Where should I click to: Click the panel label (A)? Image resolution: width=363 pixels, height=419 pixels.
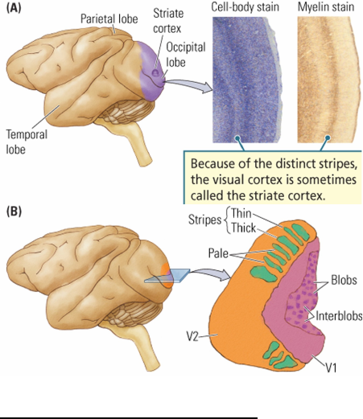[14, 10]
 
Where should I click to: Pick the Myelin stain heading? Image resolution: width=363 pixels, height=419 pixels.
[325, 7]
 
